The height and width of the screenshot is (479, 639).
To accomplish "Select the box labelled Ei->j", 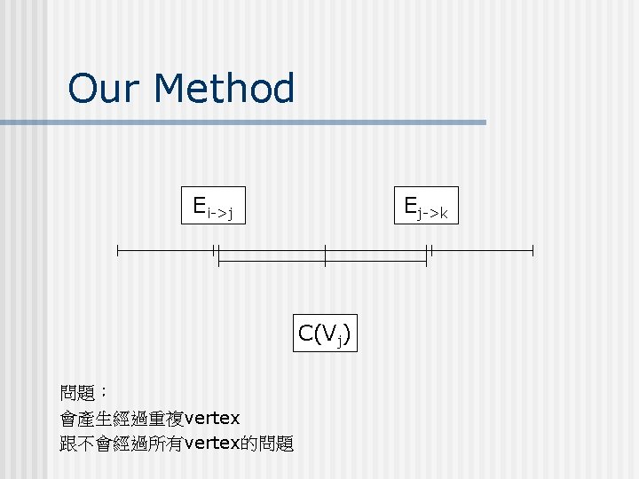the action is pos(213,208).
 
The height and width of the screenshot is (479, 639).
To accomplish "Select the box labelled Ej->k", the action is pos(425,208).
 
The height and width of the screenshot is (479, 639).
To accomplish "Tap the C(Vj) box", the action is pos(325,334).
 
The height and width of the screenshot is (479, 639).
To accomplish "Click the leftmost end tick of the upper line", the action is pos(117,251).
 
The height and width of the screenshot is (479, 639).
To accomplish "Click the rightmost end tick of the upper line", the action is pos(532,251).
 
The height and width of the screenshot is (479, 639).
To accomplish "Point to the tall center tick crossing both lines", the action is pos(325,255).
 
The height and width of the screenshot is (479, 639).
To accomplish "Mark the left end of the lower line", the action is pos(218,262).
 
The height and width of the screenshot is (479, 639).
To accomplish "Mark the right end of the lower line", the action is pos(426,262).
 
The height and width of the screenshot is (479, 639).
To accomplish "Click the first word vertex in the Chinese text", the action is pos(211,417).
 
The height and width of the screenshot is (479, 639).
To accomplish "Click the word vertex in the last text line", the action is pos(210,444).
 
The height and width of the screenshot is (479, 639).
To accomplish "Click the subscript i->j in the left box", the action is pos(220,213).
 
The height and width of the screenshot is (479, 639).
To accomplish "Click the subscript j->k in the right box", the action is pos(434,213).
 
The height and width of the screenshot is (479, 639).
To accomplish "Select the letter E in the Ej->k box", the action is pos(411,206).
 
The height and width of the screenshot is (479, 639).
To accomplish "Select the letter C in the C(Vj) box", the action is pos(305,334).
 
